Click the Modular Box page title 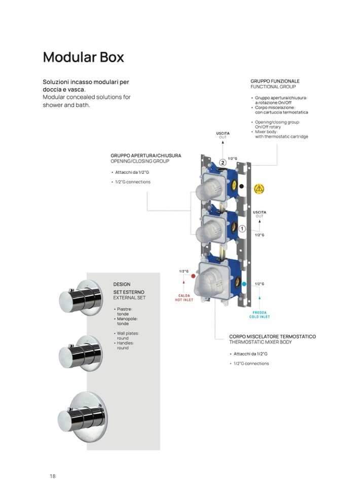coord(83,57)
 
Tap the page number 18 coord(52,476)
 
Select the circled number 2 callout coord(222,163)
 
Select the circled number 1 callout coord(242,228)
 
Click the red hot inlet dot coord(193,278)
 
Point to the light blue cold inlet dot coord(244,284)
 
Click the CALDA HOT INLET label coord(184,297)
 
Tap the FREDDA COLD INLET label coord(260,315)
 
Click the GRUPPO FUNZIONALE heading coord(275,81)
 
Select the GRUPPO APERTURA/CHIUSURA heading coord(146,155)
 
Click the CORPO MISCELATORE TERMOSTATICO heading coord(272,336)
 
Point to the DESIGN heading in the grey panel coord(122,284)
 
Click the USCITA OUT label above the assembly coord(223,135)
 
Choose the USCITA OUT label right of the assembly coord(260,214)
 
